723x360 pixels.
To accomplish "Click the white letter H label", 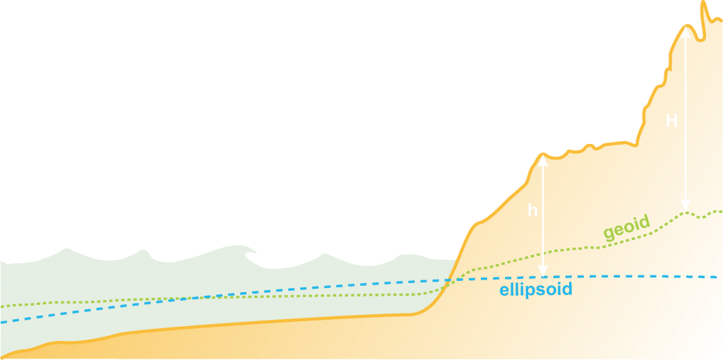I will pos(671,121).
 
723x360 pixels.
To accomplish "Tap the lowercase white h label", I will pos(532,210).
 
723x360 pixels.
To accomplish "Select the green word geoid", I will pos(626,228).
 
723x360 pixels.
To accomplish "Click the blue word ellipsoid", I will pos(535,289).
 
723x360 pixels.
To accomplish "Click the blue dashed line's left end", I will pos(2,322).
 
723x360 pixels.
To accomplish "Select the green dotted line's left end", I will pos(2,306).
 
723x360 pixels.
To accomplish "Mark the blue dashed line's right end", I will pos(717,277).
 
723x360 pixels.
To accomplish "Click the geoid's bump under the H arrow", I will pos(685,212).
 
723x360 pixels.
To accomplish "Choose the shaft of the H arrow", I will pos(685,85).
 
